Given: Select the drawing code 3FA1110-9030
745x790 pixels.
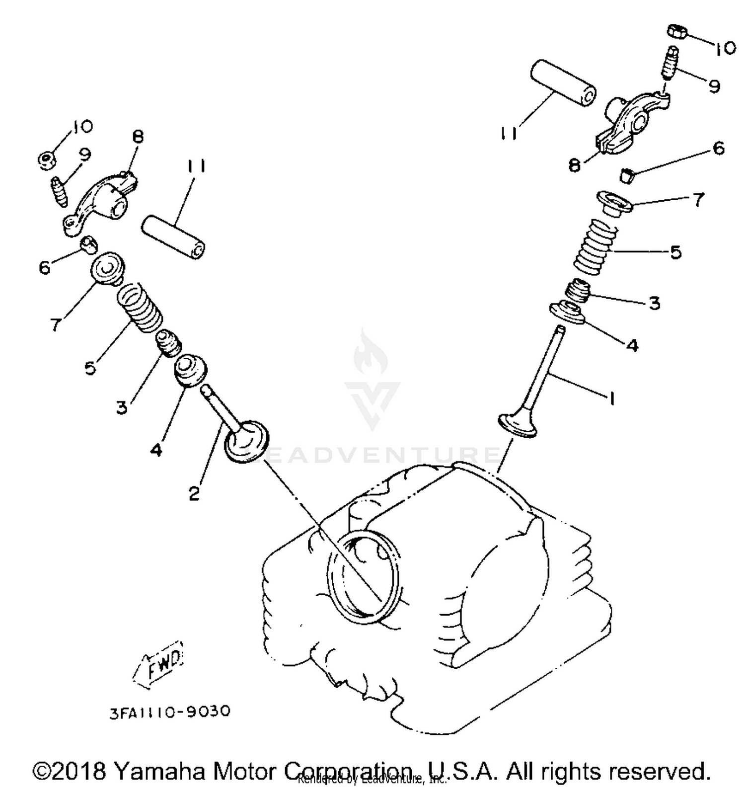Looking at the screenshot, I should tap(170, 711).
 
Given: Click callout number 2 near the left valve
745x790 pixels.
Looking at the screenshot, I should tap(194, 493).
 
